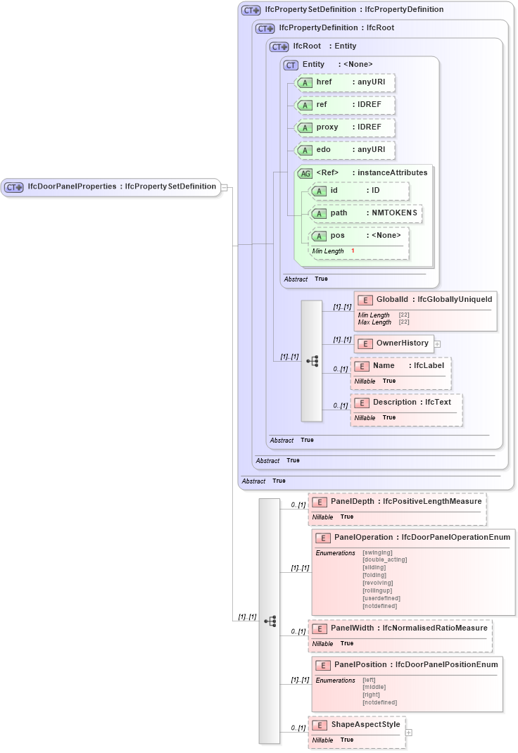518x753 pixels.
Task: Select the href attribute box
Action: [x=345, y=82]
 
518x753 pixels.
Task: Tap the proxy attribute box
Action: [x=345, y=127]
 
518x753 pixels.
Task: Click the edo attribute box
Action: [x=345, y=150]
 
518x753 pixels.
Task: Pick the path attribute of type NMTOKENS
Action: [x=366, y=213]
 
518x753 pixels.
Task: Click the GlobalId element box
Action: [x=426, y=299]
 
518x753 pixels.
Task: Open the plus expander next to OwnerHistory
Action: [x=437, y=344]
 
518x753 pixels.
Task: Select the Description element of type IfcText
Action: [x=407, y=403]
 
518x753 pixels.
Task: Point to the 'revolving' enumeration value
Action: [x=377, y=583]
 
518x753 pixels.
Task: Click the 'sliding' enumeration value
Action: [x=374, y=567]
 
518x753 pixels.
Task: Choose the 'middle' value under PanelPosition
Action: [x=374, y=688]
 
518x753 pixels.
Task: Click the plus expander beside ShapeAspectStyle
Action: [x=409, y=733]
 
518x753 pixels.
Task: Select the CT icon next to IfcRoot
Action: [x=279, y=46]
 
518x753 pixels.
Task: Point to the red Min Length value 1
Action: [x=353, y=251]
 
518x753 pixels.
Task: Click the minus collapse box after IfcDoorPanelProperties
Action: [x=224, y=187]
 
